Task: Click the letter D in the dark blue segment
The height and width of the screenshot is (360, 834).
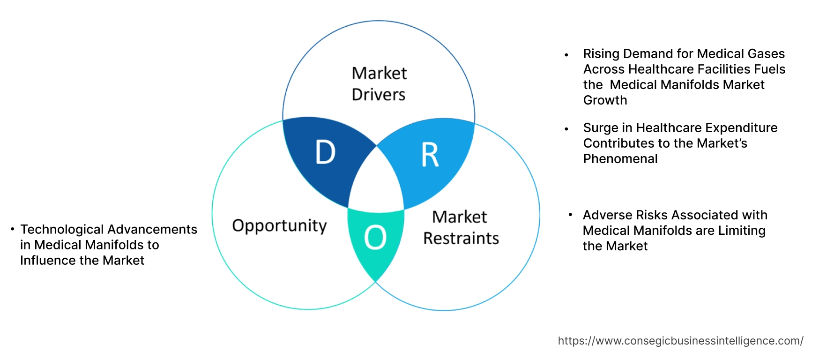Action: (x=325, y=152)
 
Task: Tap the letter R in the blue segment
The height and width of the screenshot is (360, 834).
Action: (x=430, y=155)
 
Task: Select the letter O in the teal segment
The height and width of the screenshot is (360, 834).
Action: (x=375, y=237)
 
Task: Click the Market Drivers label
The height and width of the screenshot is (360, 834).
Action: (x=379, y=84)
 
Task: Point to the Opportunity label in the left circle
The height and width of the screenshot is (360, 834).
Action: (x=279, y=226)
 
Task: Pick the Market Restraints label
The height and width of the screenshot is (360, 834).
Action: (x=461, y=228)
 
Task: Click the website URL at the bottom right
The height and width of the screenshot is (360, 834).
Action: (x=680, y=341)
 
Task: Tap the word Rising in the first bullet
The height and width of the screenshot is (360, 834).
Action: (x=601, y=54)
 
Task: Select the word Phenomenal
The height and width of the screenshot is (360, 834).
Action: (x=620, y=159)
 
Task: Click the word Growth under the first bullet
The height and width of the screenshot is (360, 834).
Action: (x=605, y=100)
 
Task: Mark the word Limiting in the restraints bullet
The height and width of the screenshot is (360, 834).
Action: (x=742, y=231)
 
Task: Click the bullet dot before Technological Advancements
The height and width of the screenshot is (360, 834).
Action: (x=13, y=229)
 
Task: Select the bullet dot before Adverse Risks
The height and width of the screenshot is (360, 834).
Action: (x=570, y=215)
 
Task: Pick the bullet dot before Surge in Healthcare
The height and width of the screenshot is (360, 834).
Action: (x=566, y=129)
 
